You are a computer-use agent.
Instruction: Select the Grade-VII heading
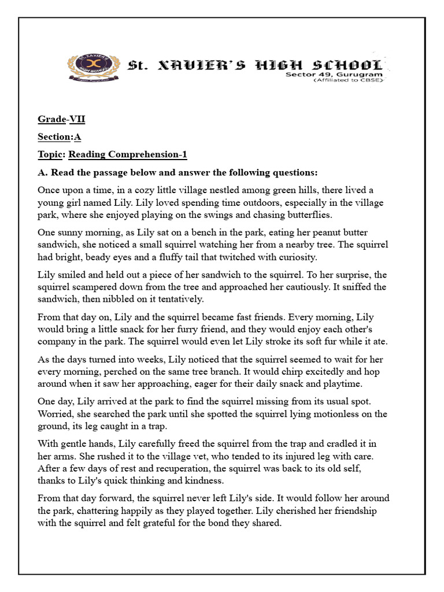(x=62, y=120)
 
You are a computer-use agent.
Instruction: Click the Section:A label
(x=60, y=137)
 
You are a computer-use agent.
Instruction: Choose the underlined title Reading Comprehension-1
(x=128, y=154)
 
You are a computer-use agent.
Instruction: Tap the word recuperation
(x=176, y=469)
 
